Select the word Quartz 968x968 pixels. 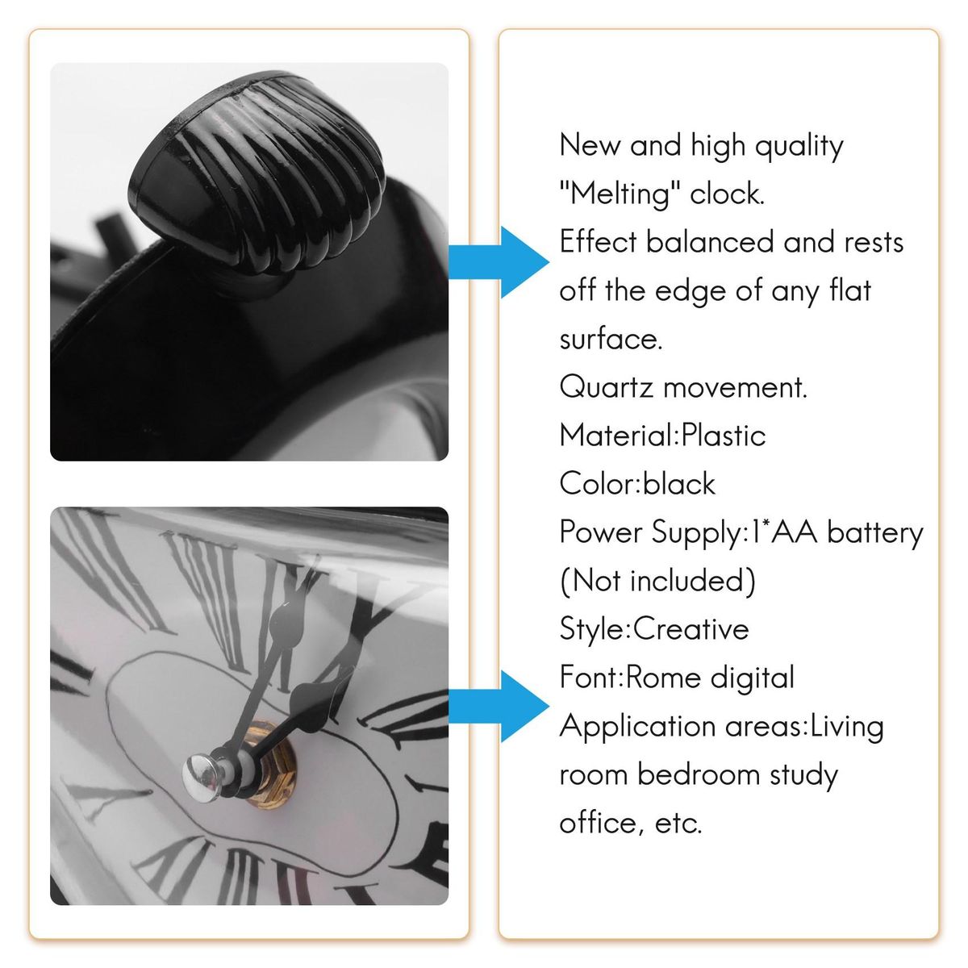point(606,388)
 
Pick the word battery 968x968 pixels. point(875,533)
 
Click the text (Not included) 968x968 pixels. point(657,581)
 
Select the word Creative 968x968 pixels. point(691,628)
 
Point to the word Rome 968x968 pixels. point(664,677)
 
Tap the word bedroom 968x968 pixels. point(699,774)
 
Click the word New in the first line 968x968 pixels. point(590,146)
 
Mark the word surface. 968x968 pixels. point(611,340)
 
